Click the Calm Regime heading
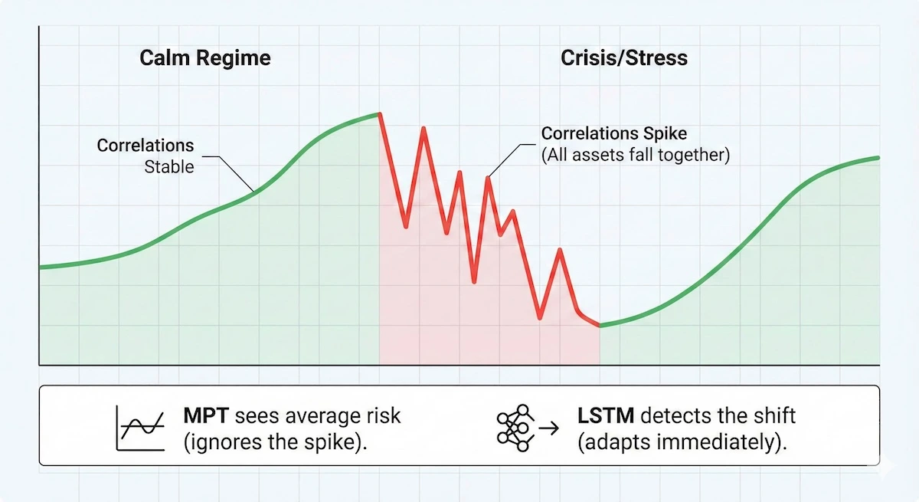(x=204, y=58)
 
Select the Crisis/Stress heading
(x=624, y=58)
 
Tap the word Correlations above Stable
(x=146, y=146)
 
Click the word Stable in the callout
(x=169, y=166)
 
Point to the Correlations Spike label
(x=614, y=133)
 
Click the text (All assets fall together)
(x=636, y=155)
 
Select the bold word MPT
(x=206, y=416)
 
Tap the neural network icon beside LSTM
(x=514, y=427)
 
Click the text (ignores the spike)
(x=274, y=444)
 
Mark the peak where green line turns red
(x=379, y=114)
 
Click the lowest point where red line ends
(x=600, y=326)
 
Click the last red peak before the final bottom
(x=561, y=250)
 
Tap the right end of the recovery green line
(x=878, y=158)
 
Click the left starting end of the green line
(x=41, y=267)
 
